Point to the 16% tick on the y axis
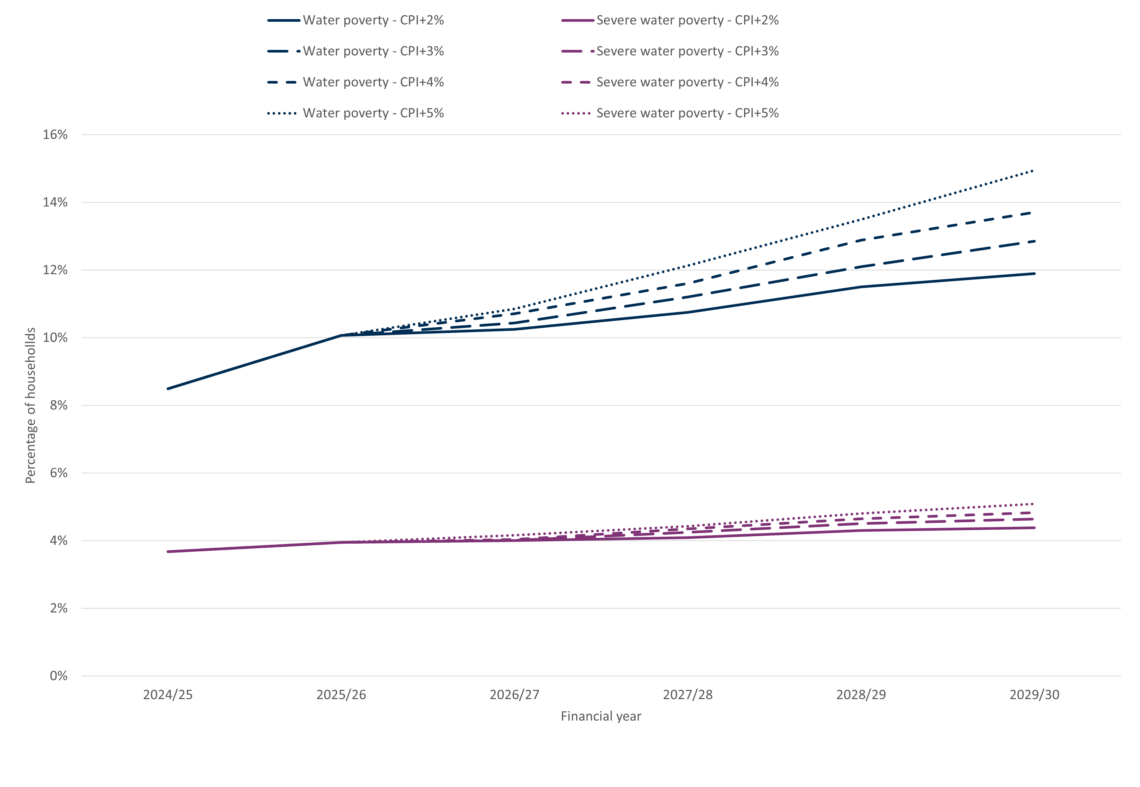click(55, 135)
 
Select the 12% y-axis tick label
click(55, 270)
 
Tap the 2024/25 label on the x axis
click(168, 695)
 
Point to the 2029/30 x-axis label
click(1034, 695)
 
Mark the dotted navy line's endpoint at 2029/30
click(1033, 171)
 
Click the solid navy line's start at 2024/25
click(168, 388)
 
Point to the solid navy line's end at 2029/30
click(1034, 273)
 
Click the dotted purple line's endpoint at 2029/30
click(1033, 504)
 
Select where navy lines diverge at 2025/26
click(341, 335)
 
